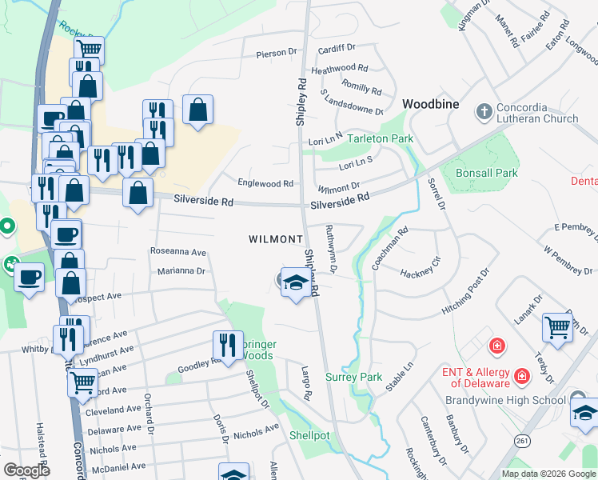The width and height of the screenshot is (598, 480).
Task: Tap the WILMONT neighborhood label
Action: (x=276, y=239)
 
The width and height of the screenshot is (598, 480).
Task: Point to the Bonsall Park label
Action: (x=486, y=173)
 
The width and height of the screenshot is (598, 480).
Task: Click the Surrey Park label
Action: (x=354, y=377)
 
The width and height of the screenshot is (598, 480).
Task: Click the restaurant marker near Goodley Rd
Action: (x=228, y=345)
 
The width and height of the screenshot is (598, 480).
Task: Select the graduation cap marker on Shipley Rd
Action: (x=296, y=283)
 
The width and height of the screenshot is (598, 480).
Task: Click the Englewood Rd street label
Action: (x=265, y=183)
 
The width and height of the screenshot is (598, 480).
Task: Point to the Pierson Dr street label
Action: (x=276, y=54)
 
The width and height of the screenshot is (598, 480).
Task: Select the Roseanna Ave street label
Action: (x=177, y=251)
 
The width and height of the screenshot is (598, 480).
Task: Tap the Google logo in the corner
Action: (x=26, y=470)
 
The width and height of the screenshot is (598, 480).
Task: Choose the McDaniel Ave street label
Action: (x=117, y=466)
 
